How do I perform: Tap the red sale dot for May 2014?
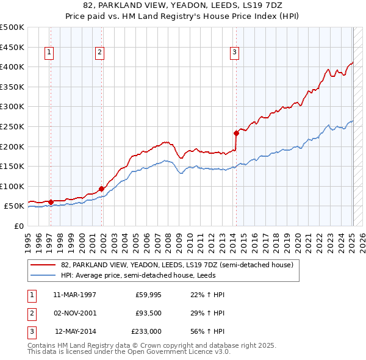tap(236, 132)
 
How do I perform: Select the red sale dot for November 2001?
tap(101, 189)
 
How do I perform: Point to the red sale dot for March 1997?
tap(51, 202)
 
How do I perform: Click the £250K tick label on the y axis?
tap(12, 126)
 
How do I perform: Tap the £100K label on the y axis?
tap(12, 186)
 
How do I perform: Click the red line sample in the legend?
tap(43, 265)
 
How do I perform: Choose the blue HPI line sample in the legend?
tap(43, 275)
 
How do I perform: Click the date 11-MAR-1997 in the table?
tap(75, 295)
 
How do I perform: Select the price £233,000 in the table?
tap(146, 332)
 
